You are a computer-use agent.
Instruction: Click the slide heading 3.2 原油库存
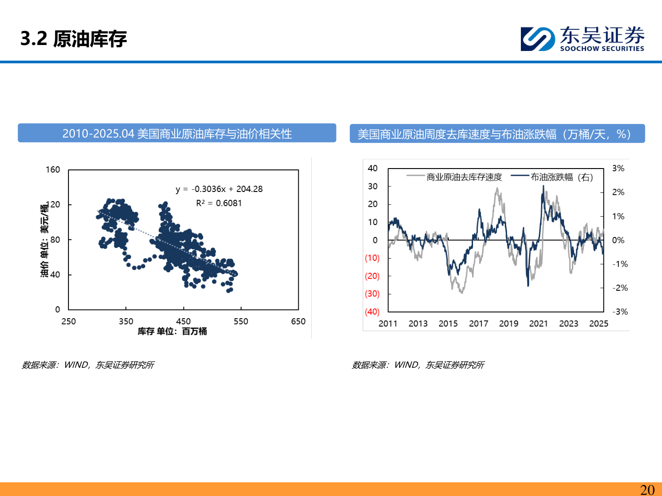coord(74,39)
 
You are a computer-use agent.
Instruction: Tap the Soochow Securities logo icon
coord(537,39)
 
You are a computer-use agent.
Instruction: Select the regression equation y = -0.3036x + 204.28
coord(219,189)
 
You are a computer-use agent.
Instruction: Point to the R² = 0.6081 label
coord(219,203)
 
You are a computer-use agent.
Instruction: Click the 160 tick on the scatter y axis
coord(53,169)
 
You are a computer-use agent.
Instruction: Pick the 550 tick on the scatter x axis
coord(241,321)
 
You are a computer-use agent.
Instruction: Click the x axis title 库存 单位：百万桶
coord(172,331)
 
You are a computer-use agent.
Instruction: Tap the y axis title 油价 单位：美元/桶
coord(44,241)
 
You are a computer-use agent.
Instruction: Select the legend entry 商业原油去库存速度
coord(464,177)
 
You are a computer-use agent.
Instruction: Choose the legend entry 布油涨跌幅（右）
coord(561,177)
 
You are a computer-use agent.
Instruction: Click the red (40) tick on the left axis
coord(372,312)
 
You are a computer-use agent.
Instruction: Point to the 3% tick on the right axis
coord(618,169)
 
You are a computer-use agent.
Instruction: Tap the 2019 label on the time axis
coord(508,323)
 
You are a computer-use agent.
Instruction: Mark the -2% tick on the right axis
coord(620,288)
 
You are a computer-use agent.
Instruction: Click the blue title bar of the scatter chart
coord(177,134)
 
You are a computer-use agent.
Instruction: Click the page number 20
coord(647,490)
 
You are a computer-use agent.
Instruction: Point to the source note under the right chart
coord(418,365)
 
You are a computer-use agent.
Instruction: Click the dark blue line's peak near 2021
coord(543,186)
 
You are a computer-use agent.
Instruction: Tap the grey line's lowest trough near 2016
coord(462,293)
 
